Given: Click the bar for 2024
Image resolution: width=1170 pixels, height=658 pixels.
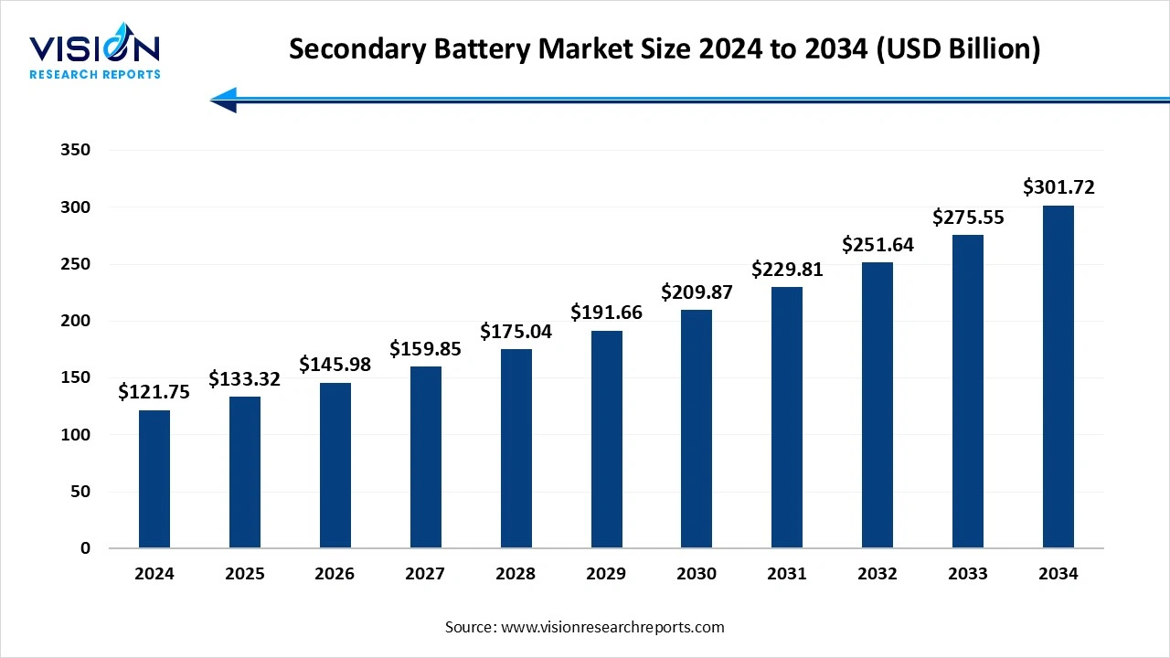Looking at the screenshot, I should click(154, 479).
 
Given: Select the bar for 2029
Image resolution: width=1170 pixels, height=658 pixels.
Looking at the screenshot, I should click(606, 440).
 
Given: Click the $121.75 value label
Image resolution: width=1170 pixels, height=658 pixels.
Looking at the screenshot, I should click(154, 392).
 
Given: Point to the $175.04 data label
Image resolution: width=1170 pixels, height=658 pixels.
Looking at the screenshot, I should click(516, 332).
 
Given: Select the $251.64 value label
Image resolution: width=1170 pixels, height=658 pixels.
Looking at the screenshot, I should click(877, 245).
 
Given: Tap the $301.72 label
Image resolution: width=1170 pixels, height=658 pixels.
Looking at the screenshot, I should click(1058, 188).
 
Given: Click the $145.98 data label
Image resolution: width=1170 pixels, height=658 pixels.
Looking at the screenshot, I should click(335, 365).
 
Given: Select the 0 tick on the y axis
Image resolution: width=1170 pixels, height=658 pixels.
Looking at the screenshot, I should click(85, 548).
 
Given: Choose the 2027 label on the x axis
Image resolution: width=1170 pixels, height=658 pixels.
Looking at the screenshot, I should click(425, 574).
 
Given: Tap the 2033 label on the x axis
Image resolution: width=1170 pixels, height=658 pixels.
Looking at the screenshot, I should click(968, 574).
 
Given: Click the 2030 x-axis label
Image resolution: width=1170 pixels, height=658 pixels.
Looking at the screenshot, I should click(697, 574).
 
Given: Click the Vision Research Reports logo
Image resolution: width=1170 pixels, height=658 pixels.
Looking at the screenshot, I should click(95, 54).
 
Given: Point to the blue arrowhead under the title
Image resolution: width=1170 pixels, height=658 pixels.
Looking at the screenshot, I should click(224, 100).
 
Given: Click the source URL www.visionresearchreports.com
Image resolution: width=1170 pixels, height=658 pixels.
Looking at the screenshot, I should click(613, 627).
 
